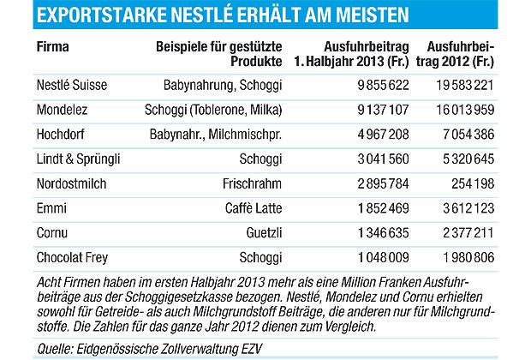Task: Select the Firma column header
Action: pos(53,49)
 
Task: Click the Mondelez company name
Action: pos(63,111)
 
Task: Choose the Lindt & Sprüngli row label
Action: pos(78,159)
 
